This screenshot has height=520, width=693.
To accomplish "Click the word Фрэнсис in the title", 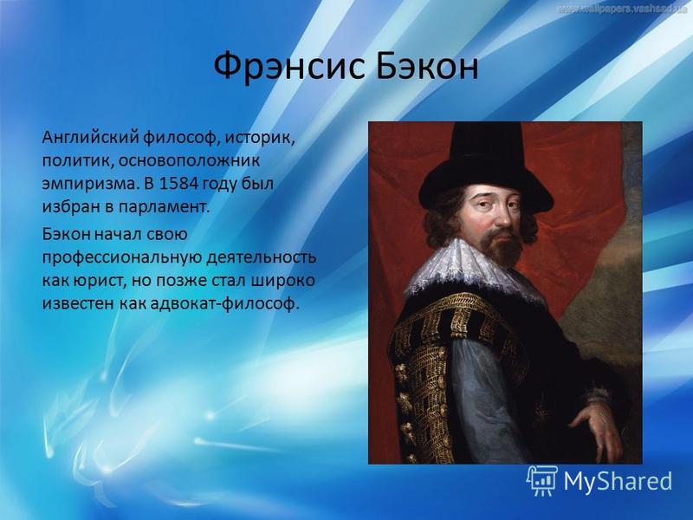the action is pos(289,67).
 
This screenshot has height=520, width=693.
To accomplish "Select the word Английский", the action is pos(91,138).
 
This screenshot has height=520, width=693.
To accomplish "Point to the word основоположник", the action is pos(189,160).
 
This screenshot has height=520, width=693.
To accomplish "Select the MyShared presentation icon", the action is pos(541,481).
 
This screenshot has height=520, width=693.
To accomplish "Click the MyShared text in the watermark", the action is pos(618,481).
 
